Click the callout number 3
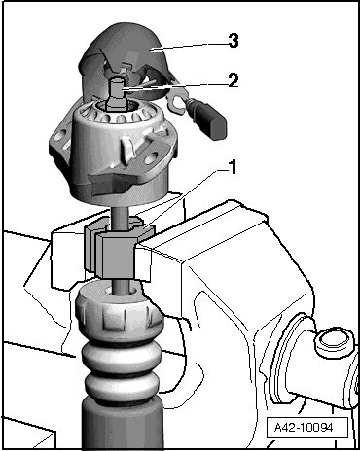(x=234, y=41)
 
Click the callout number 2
(x=234, y=81)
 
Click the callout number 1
(x=233, y=167)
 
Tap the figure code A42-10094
(x=304, y=427)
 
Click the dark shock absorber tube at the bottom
(x=122, y=421)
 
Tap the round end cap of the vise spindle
(x=332, y=342)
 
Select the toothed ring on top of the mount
(x=121, y=113)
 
